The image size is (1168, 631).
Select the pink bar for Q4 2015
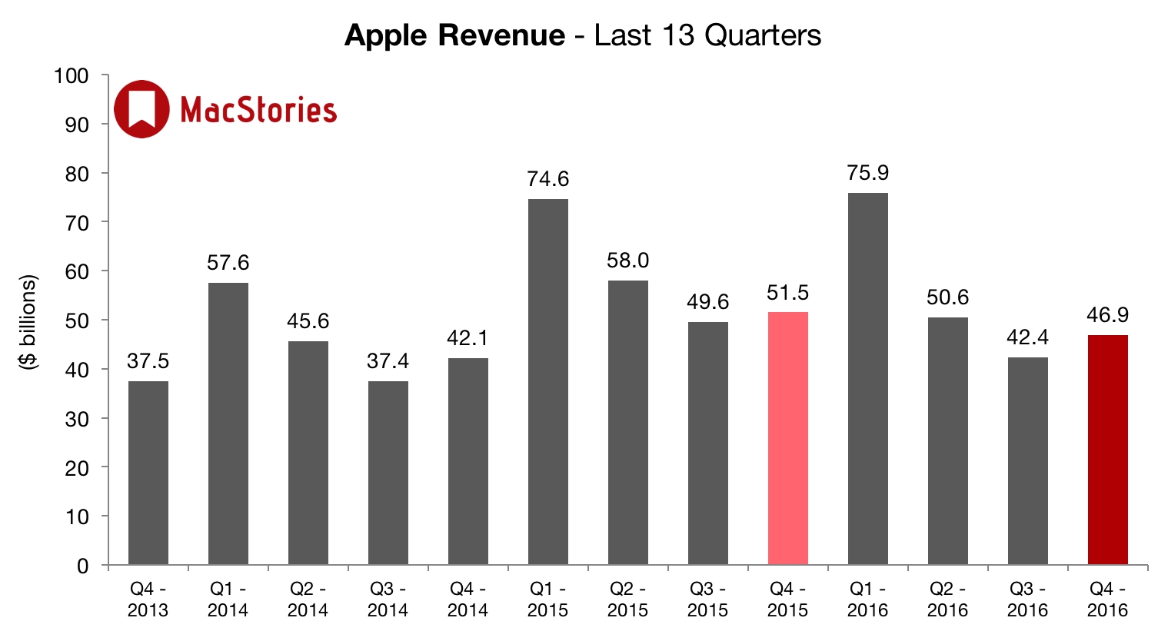tap(787, 438)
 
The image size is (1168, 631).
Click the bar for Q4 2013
tap(148, 473)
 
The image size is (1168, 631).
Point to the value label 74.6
tap(547, 179)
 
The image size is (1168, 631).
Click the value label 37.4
tap(388, 360)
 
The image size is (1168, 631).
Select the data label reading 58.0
tap(627, 261)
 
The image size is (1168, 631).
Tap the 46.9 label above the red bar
tap(1107, 315)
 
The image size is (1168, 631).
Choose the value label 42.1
tap(468, 338)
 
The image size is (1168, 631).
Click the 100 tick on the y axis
tap(72, 76)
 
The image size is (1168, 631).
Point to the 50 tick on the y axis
tap(77, 320)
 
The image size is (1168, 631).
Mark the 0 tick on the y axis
tap(82, 566)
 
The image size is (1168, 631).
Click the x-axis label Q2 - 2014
tap(308, 599)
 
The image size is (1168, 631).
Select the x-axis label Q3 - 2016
tap(1027, 599)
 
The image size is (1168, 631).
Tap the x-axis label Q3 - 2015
tap(707, 599)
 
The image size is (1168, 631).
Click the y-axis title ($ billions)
tap(28, 321)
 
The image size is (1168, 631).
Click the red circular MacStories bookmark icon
tap(141, 109)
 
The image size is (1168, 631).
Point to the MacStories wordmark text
tap(258, 110)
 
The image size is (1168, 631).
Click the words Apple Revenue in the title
tap(454, 35)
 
